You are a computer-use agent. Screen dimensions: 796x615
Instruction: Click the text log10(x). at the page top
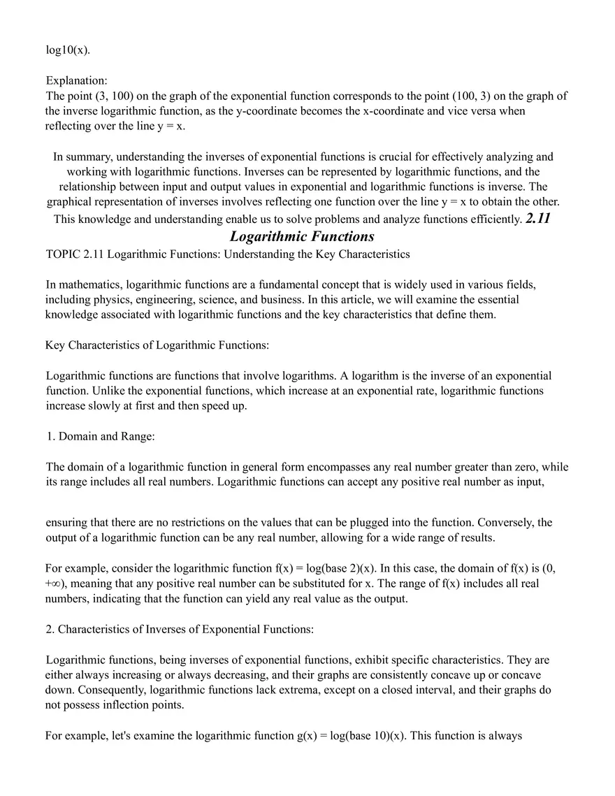tap(68, 51)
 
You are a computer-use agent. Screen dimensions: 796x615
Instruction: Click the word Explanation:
tap(76, 81)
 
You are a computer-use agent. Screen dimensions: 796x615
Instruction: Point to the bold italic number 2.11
tap(538, 219)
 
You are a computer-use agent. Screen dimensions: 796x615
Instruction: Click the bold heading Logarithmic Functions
tap(302, 236)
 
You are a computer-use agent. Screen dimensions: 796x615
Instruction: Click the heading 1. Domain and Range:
tap(101, 436)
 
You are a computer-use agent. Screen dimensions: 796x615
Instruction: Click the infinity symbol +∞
tap(53, 584)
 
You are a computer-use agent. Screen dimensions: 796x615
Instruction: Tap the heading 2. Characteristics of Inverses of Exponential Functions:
tap(180, 629)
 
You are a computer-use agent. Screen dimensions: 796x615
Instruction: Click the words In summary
tap(82, 157)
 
